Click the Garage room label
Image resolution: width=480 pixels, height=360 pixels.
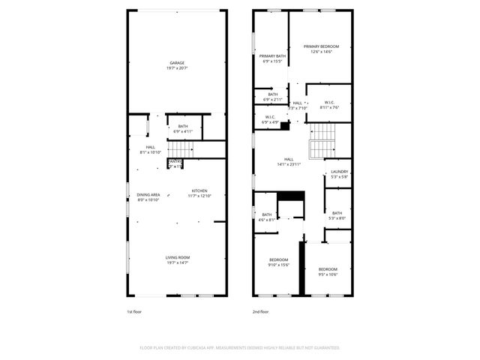point(177,62)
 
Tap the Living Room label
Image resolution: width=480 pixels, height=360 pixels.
point(177,257)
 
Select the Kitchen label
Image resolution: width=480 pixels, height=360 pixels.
point(199,190)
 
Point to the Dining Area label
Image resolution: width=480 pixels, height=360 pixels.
point(148,195)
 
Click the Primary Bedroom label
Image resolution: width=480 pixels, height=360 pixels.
point(320,46)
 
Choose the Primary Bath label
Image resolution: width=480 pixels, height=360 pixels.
point(272,56)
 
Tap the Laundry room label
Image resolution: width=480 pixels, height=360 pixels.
point(340,172)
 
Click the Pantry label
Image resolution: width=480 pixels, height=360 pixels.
point(175,161)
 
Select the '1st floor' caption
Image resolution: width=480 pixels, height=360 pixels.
point(135,311)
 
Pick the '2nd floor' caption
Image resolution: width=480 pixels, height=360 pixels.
point(261,311)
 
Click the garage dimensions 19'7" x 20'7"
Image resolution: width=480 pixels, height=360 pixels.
point(177,68)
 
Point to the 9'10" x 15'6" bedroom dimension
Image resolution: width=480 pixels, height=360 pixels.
point(278,265)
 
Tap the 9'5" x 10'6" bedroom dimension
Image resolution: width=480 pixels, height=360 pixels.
point(328,274)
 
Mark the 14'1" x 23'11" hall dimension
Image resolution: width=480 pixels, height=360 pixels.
point(288,164)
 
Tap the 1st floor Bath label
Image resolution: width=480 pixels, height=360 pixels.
point(184,126)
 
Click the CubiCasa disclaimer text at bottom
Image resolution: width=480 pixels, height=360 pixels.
point(240,348)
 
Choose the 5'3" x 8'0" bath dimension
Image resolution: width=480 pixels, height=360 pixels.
point(337,218)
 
